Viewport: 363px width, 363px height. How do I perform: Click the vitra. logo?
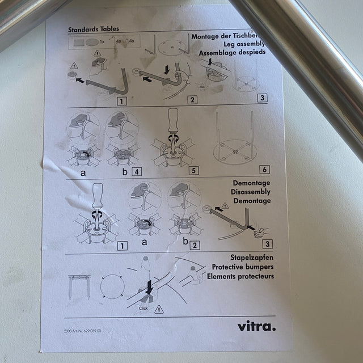click(x=256, y=326)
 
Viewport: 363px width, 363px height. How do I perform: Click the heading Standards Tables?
click(x=94, y=29)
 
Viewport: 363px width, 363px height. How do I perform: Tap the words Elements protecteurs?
click(x=240, y=276)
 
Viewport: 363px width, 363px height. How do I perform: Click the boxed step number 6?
click(x=264, y=169)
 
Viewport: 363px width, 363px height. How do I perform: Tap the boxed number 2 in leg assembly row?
click(x=193, y=100)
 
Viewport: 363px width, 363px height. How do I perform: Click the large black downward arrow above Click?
click(x=147, y=285)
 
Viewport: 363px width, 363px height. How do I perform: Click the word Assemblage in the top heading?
click(x=221, y=53)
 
